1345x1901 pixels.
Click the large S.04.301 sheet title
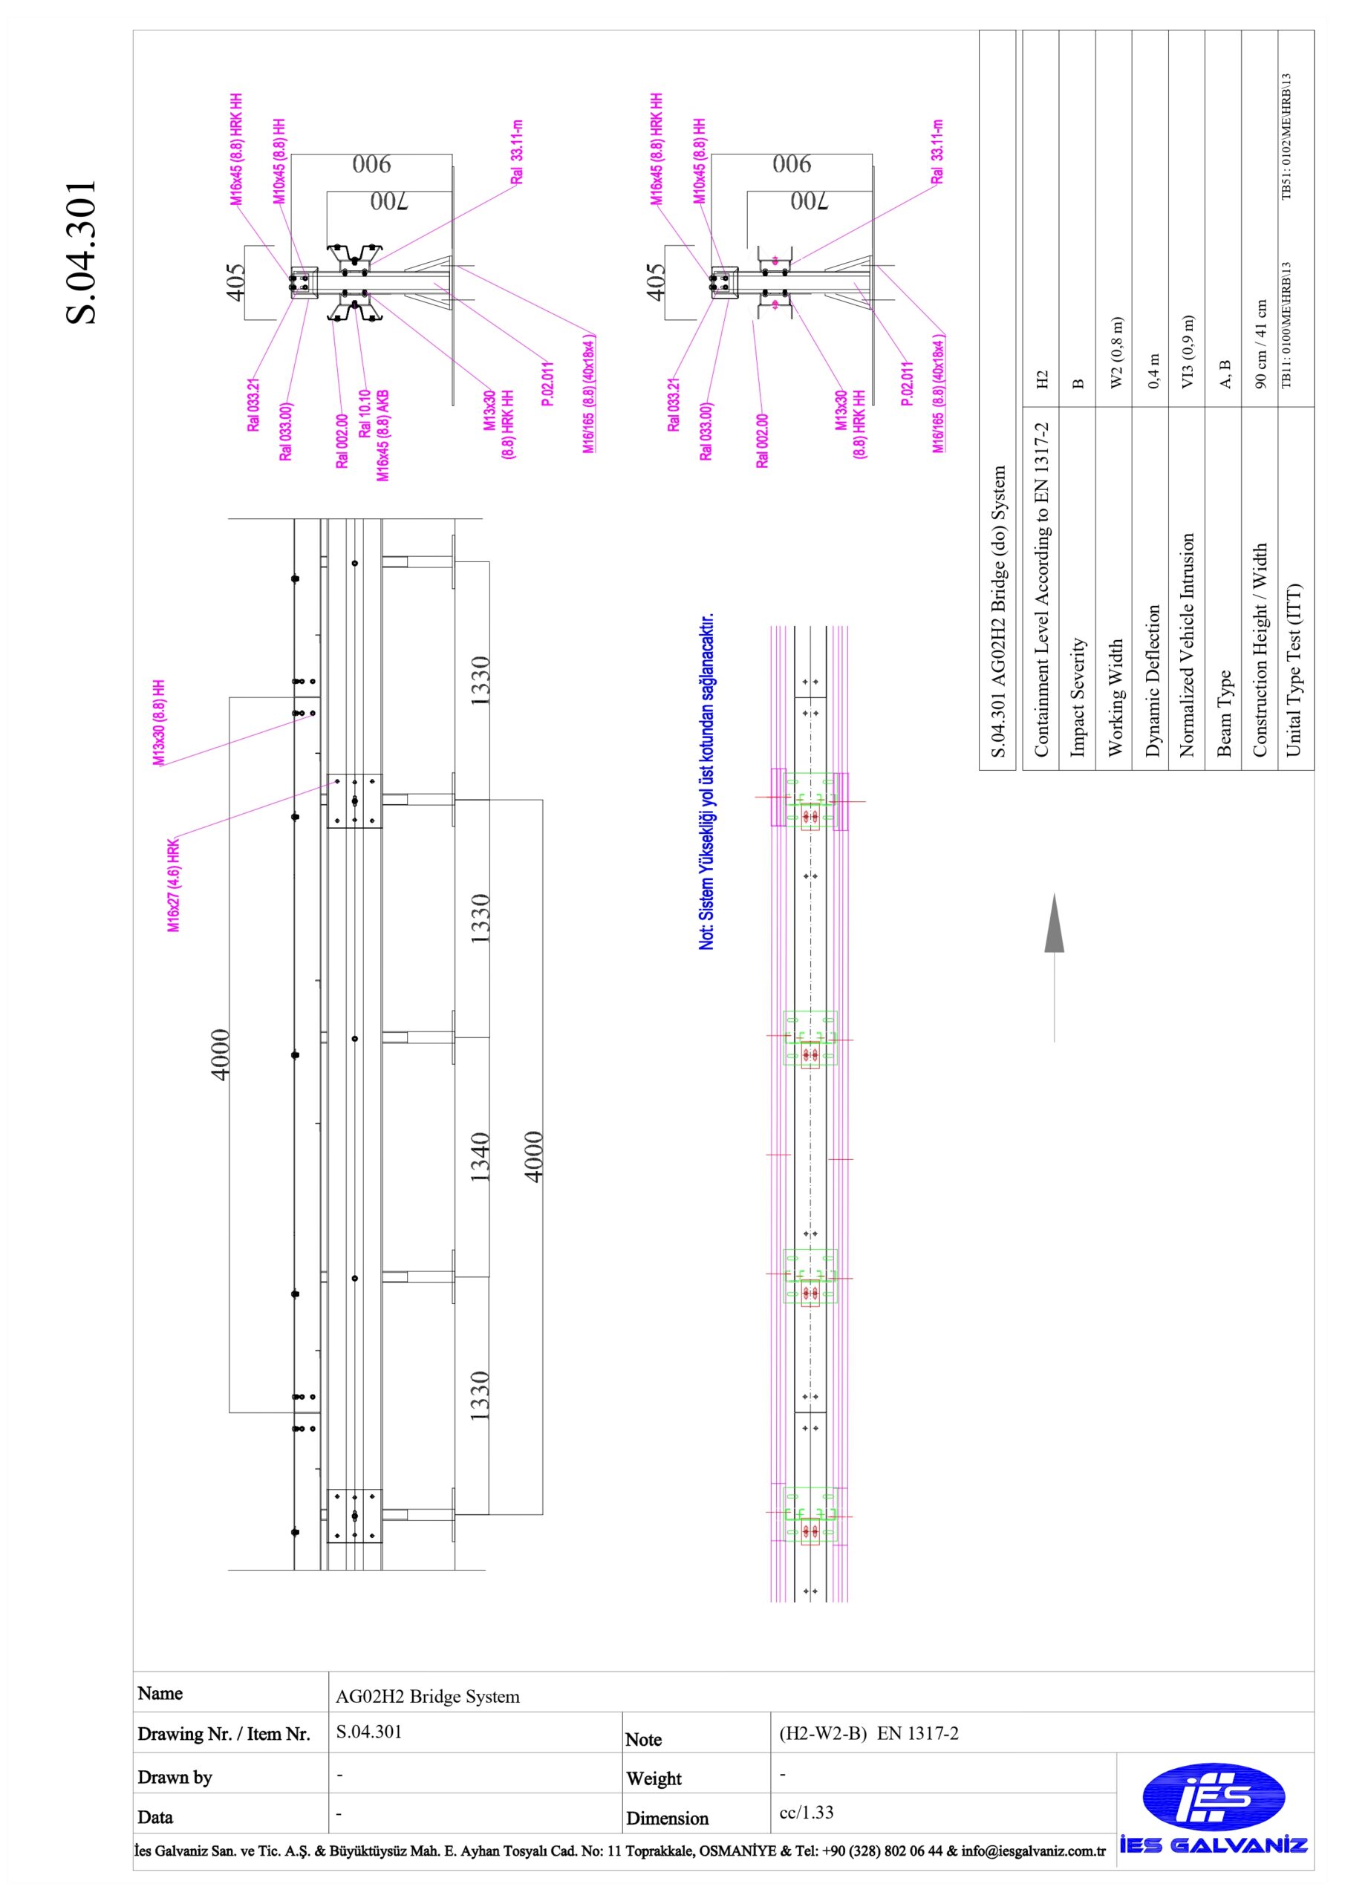point(81,252)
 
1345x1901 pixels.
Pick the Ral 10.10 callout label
point(365,413)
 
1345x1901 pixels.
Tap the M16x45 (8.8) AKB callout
point(382,435)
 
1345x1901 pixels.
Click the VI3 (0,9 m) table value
point(1188,351)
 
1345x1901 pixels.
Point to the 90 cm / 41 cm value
point(1260,344)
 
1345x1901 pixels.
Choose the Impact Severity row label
point(1078,697)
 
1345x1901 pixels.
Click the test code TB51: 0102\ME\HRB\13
point(1286,137)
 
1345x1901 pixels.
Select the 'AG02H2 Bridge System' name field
point(427,1697)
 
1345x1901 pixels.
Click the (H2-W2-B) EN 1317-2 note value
point(868,1733)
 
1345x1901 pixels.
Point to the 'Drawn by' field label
point(175,1778)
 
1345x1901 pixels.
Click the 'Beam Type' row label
point(1224,713)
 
